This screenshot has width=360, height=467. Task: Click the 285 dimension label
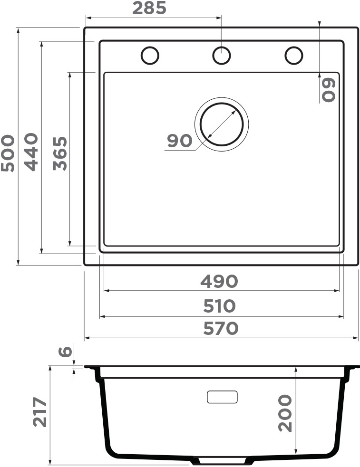(149, 8)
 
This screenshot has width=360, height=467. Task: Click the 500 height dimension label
(8, 153)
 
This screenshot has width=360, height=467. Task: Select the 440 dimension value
(31, 152)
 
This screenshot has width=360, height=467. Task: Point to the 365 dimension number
(60, 153)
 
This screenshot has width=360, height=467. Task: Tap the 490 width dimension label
(219, 281)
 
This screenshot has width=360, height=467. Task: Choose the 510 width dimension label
(220, 306)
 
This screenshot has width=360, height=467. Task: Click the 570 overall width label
(221, 328)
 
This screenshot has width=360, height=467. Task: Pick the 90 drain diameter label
(179, 141)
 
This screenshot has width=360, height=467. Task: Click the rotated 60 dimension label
(329, 90)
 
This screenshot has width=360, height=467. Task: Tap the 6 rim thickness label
(65, 352)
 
